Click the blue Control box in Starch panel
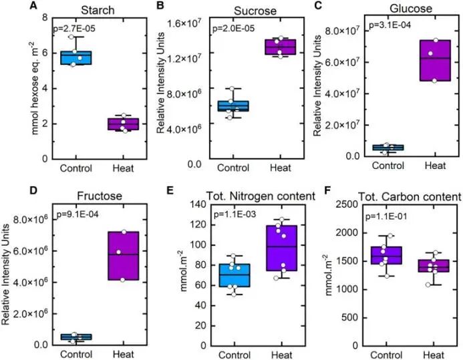tap(75, 57)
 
